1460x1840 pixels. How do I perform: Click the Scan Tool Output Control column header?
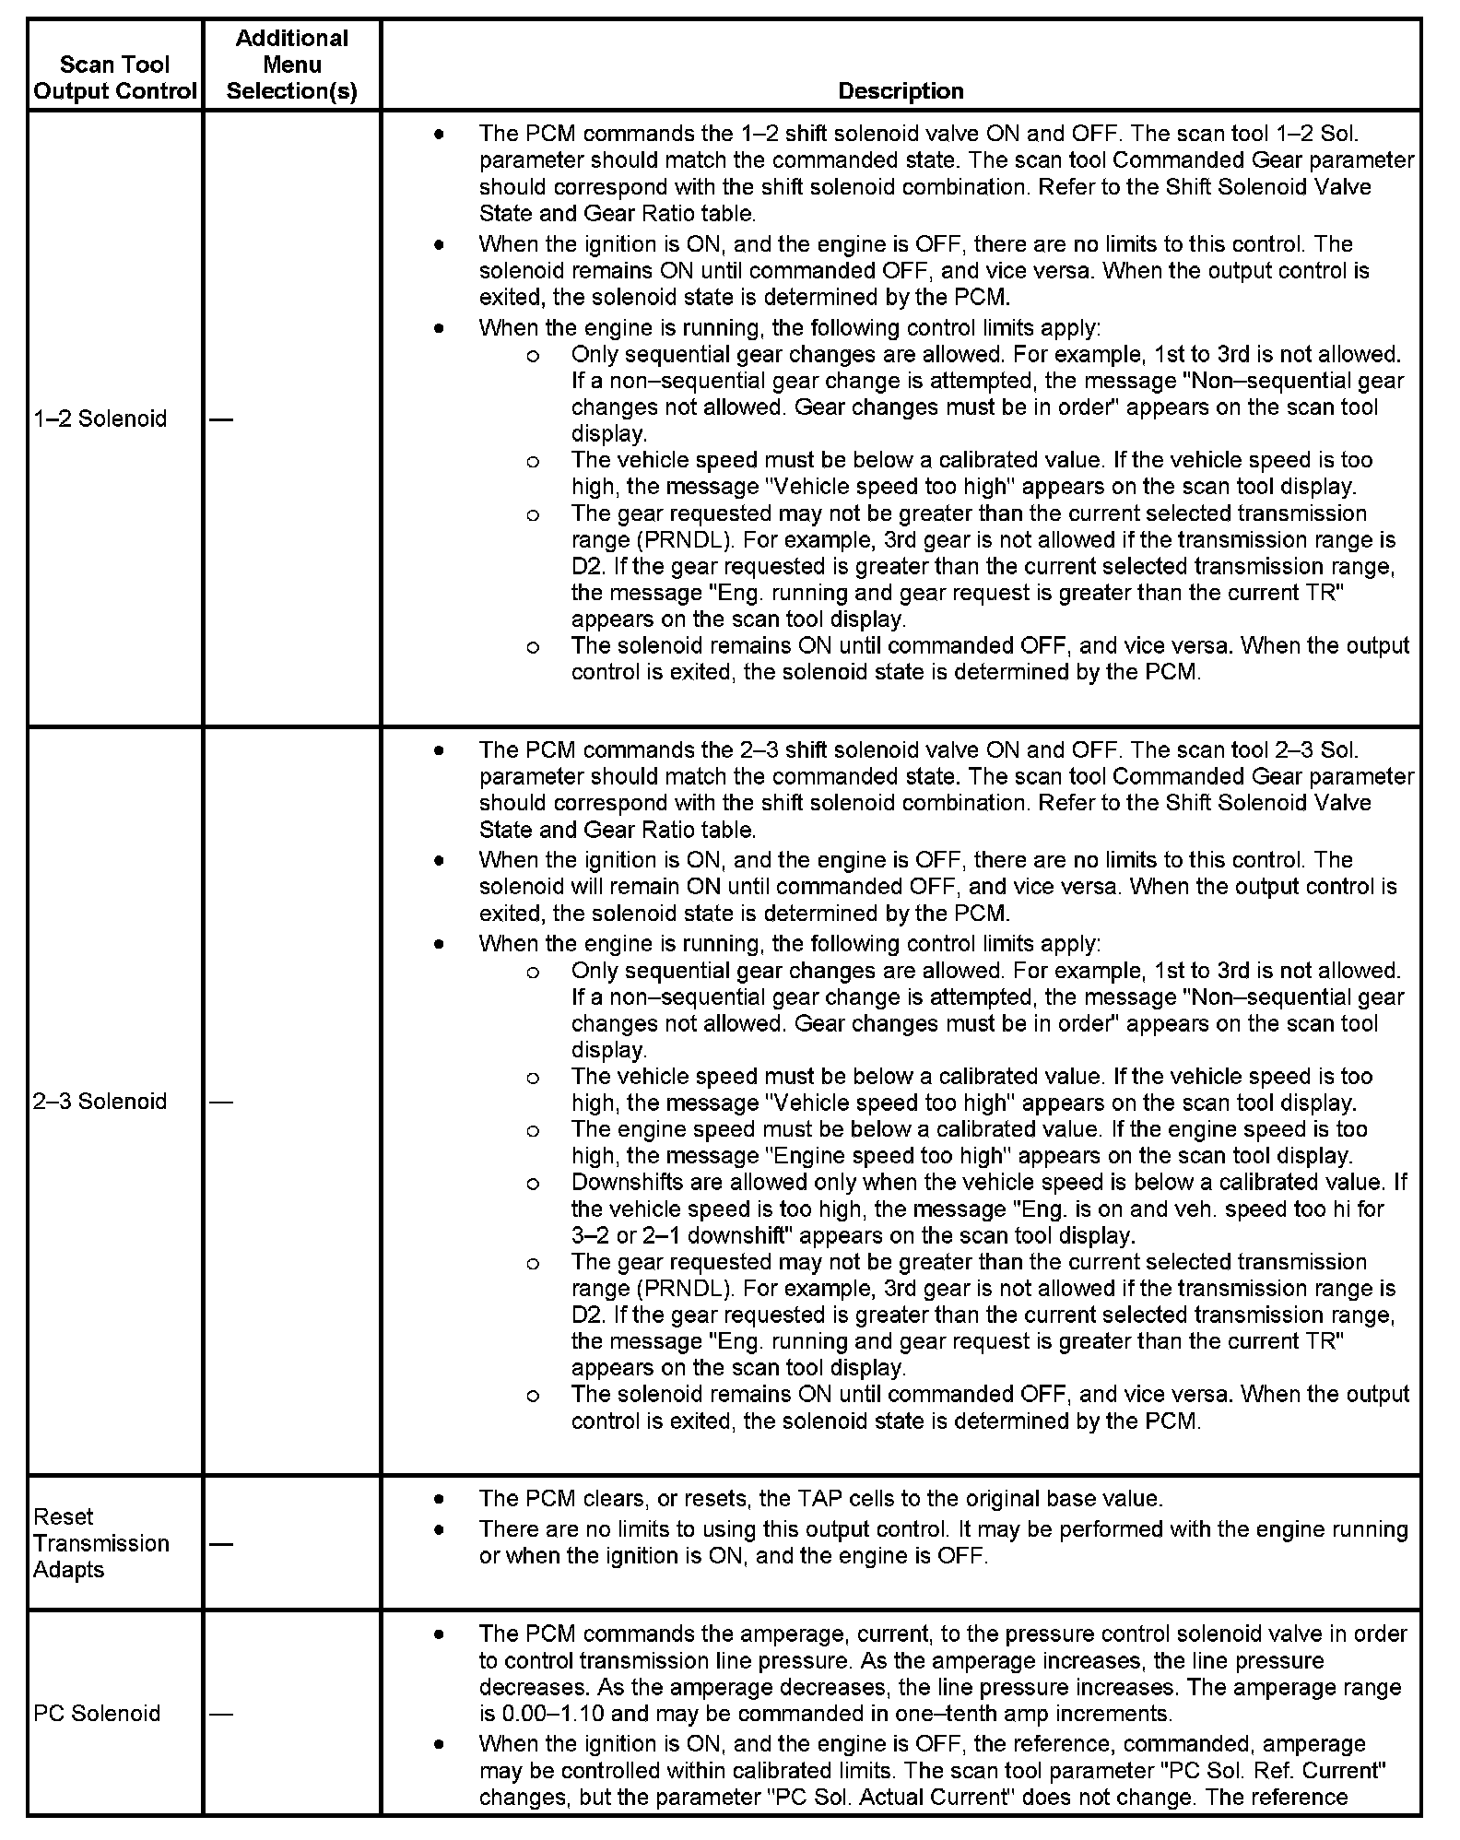coord(115,77)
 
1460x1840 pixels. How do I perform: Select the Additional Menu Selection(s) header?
coord(291,65)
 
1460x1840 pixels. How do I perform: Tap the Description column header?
coord(901,90)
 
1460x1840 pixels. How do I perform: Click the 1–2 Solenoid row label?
coord(100,419)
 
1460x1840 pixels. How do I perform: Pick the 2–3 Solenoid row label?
coord(100,1101)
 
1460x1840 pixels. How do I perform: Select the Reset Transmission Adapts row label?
coord(100,1543)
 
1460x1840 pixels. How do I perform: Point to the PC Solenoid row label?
coord(96,1714)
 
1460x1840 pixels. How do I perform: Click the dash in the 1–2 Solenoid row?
coord(221,419)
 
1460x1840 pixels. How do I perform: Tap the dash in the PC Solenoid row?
coord(221,1714)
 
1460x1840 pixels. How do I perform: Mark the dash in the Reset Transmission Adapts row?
coord(221,1543)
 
